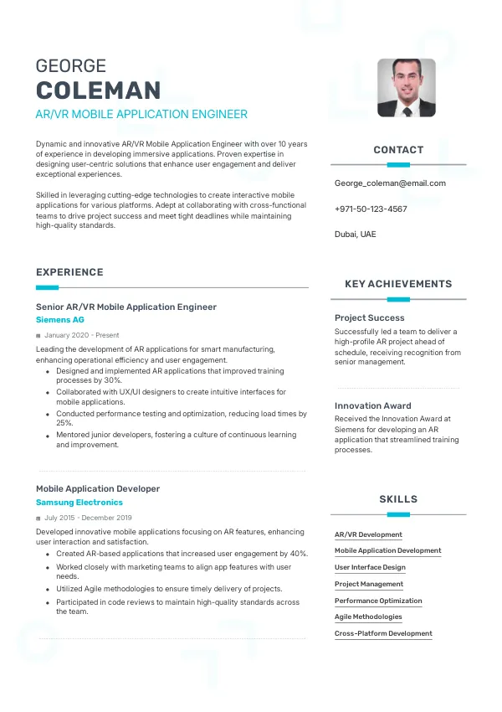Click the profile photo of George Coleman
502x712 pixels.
[407, 87]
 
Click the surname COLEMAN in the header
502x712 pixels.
[98, 90]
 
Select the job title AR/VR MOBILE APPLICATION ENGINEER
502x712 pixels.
[141, 114]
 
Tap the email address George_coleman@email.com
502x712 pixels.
[390, 183]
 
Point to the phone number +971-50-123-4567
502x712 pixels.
[371, 209]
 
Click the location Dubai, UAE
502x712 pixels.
[356, 235]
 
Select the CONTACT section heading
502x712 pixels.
[398, 150]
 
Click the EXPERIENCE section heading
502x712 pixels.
[69, 272]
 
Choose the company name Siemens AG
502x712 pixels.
[60, 320]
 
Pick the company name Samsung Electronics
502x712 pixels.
[79, 503]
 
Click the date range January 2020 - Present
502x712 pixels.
[82, 335]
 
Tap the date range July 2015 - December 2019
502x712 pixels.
[88, 518]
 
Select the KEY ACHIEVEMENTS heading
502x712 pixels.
[398, 284]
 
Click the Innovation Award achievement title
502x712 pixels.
[373, 406]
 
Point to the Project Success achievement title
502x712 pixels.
[370, 318]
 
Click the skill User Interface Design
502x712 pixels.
[370, 567]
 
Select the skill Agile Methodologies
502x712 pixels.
[368, 617]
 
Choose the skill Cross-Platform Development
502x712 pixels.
[383, 633]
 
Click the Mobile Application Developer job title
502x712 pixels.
[98, 488]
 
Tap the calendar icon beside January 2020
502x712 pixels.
[38, 336]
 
